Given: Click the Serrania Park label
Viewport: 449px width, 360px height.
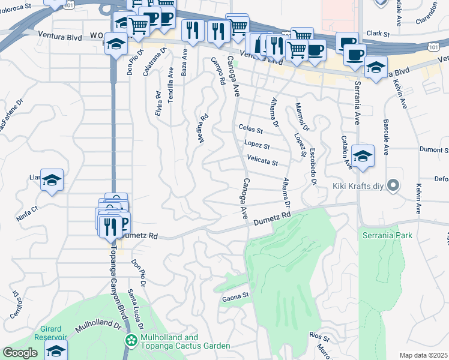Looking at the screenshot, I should pyautogui.click(x=387, y=235).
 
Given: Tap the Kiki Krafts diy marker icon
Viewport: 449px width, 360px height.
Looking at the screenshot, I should pyautogui.click(x=393, y=185).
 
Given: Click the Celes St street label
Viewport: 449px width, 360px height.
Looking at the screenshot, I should pyautogui.click(x=251, y=129).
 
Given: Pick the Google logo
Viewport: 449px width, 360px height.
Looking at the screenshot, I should pyautogui.click(x=20, y=353).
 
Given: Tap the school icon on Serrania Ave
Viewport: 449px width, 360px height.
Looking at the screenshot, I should pyautogui.click(x=363, y=156).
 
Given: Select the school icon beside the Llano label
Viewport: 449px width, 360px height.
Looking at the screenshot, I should pyautogui.click(x=52, y=179).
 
